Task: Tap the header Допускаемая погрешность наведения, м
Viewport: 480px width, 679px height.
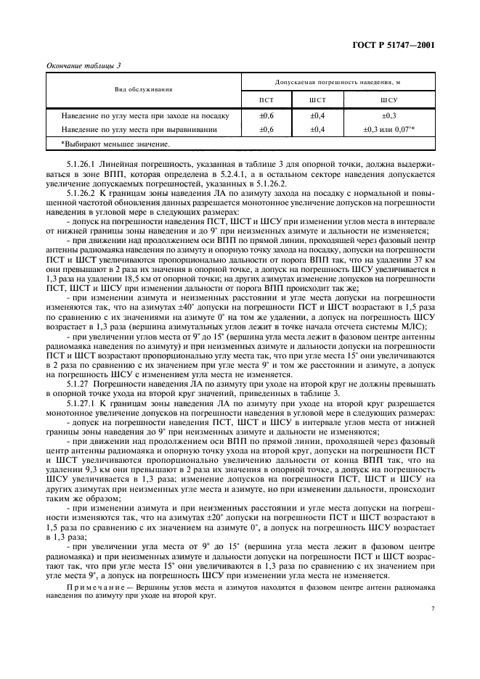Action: pyautogui.click(x=337, y=83)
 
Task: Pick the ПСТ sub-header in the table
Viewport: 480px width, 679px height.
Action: pyautogui.click(x=267, y=100)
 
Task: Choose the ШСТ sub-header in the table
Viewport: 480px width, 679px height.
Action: pyautogui.click(x=317, y=100)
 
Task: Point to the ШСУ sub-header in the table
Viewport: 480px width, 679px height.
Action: pyautogui.click(x=389, y=100)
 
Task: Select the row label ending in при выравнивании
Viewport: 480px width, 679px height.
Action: pyautogui.click(x=140, y=129)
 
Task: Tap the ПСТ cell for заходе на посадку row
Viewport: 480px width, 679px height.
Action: pyautogui.click(x=267, y=116)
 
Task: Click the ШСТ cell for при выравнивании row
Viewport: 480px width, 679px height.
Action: pyautogui.click(x=317, y=129)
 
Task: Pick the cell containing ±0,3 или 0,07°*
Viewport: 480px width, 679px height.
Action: pyautogui.click(x=389, y=129)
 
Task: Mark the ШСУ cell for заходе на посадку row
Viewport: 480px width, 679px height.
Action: pyautogui.click(x=389, y=116)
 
